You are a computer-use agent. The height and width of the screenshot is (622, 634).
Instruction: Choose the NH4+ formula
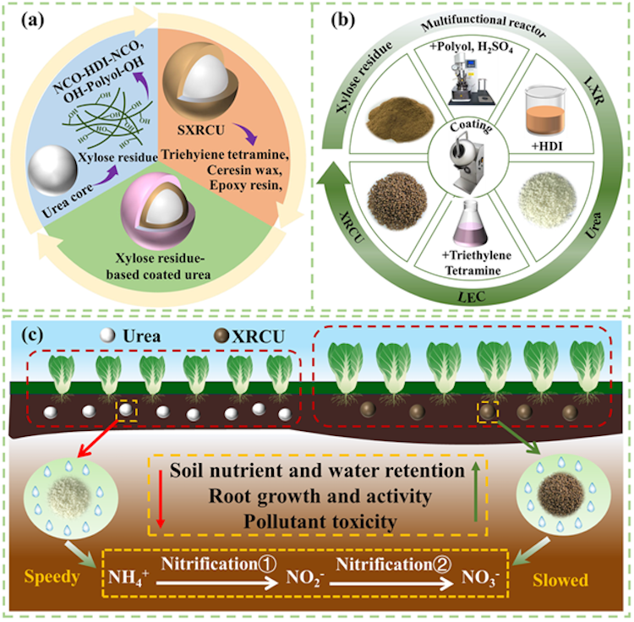(128, 577)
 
